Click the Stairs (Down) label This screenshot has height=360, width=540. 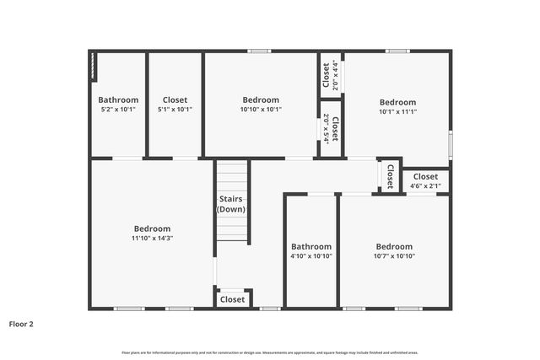coord(231,203)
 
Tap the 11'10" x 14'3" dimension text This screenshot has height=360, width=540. coord(152,239)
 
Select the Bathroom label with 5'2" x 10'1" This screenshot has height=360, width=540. coord(118,100)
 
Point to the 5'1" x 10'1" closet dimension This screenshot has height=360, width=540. coord(175,110)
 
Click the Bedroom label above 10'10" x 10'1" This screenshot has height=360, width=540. coord(262,100)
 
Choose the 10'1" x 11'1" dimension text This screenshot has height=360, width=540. coord(397,111)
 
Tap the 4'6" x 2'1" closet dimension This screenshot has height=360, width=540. coord(425,186)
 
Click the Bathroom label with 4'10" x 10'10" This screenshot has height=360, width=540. coord(312,246)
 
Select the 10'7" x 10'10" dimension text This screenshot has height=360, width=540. coord(395,256)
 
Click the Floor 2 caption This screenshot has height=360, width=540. coord(21,323)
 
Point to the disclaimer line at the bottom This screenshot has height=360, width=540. coord(270,352)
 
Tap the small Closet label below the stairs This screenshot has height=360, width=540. coord(232,299)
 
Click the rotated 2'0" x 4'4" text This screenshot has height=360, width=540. coord(336,75)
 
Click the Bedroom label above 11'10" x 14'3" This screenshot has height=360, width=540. coord(152,228)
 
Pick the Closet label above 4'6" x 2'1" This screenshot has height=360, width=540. coord(425,177)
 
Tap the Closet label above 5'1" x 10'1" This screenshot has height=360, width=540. coord(175,100)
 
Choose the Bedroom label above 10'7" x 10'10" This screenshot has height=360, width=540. coord(395,246)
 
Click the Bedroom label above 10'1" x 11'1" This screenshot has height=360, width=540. coord(397,102)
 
